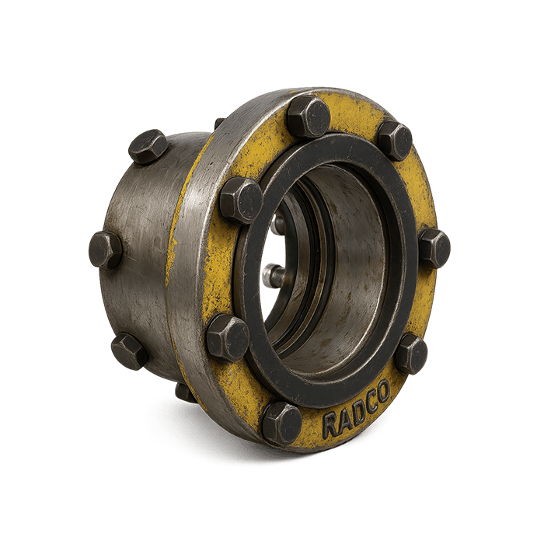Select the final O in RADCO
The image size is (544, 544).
click(x=383, y=390)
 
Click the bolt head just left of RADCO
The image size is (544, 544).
click(x=281, y=423)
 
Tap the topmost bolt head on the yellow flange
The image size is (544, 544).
click(x=309, y=117)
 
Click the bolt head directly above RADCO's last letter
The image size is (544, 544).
click(x=412, y=354)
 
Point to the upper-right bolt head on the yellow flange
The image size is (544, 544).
click(x=395, y=141)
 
